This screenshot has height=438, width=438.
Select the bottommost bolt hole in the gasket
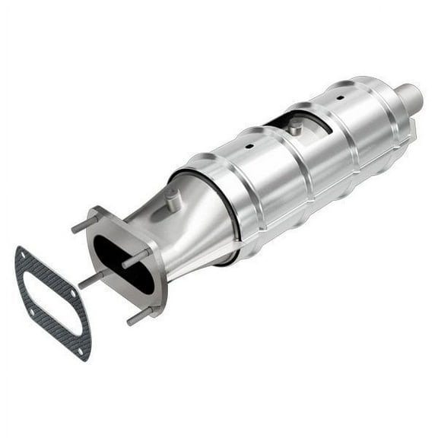coord(81,348)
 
